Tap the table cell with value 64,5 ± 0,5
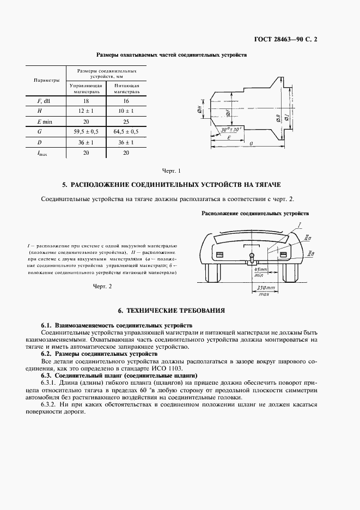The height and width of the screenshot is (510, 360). point(126,131)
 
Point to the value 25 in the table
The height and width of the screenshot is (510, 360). point(126,121)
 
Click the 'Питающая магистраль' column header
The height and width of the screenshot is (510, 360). point(126,89)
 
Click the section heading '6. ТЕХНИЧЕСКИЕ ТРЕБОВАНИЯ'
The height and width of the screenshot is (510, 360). point(175,310)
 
